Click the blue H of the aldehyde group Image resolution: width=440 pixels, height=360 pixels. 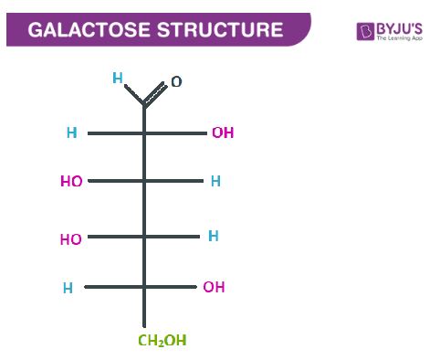click(x=117, y=79)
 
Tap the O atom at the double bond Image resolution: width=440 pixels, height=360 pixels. click(x=176, y=82)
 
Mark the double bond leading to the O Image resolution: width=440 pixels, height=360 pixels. click(x=156, y=93)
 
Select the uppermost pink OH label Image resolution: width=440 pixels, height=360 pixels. click(x=222, y=133)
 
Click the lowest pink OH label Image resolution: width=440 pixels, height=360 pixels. click(x=214, y=288)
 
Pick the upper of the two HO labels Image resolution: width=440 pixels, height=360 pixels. click(x=71, y=182)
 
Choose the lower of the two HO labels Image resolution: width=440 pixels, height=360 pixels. click(x=70, y=240)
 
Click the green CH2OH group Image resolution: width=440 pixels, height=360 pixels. click(x=162, y=342)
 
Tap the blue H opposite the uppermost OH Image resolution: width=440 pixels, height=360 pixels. click(x=71, y=133)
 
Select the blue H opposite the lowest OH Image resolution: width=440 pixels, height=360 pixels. click(x=68, y=289)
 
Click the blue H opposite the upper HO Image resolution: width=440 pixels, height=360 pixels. click(x=215, y=182)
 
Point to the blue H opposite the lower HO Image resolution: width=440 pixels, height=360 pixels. click(x=213, y=237)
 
